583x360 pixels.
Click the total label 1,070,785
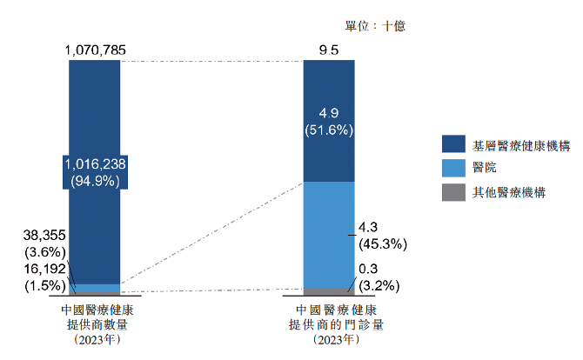(96, 50)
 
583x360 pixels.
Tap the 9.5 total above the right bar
(329, 50)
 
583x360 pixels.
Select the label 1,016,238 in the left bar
(96, 163)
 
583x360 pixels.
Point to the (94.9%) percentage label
(96, 181)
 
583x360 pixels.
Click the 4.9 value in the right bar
(329, 113)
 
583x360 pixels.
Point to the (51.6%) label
(329, 130)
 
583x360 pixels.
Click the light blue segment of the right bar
(329, 234)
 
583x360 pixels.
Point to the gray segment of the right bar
(329, 291)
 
